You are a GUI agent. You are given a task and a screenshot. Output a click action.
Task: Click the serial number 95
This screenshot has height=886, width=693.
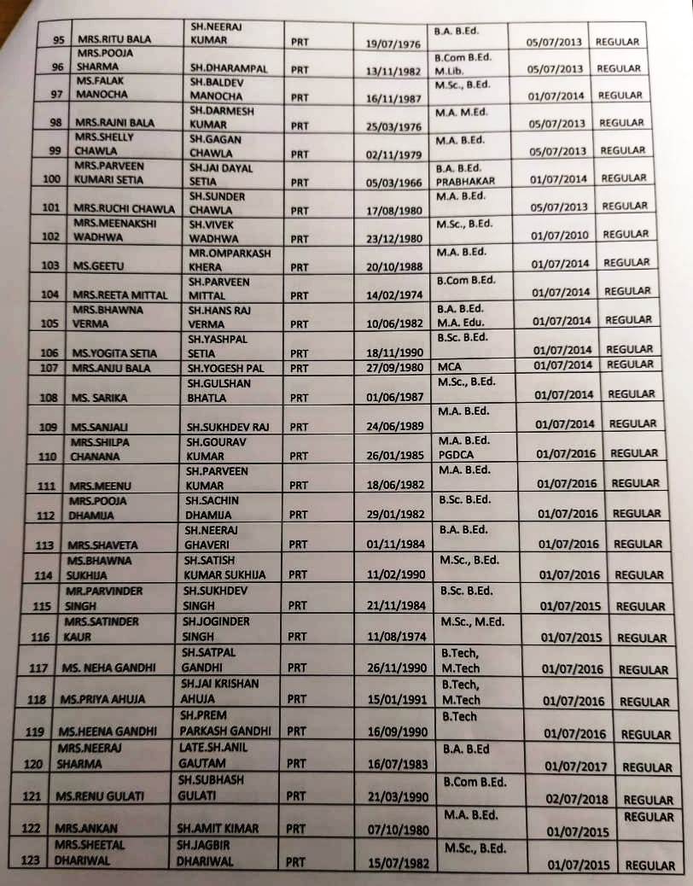[58, 42]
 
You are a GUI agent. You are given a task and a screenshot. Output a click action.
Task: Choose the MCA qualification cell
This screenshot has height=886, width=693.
[449, 365]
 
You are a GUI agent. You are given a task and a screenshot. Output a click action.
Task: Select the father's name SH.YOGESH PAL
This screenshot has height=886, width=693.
[227, 367]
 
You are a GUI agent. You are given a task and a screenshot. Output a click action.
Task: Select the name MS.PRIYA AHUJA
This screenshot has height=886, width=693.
[102, 699]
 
